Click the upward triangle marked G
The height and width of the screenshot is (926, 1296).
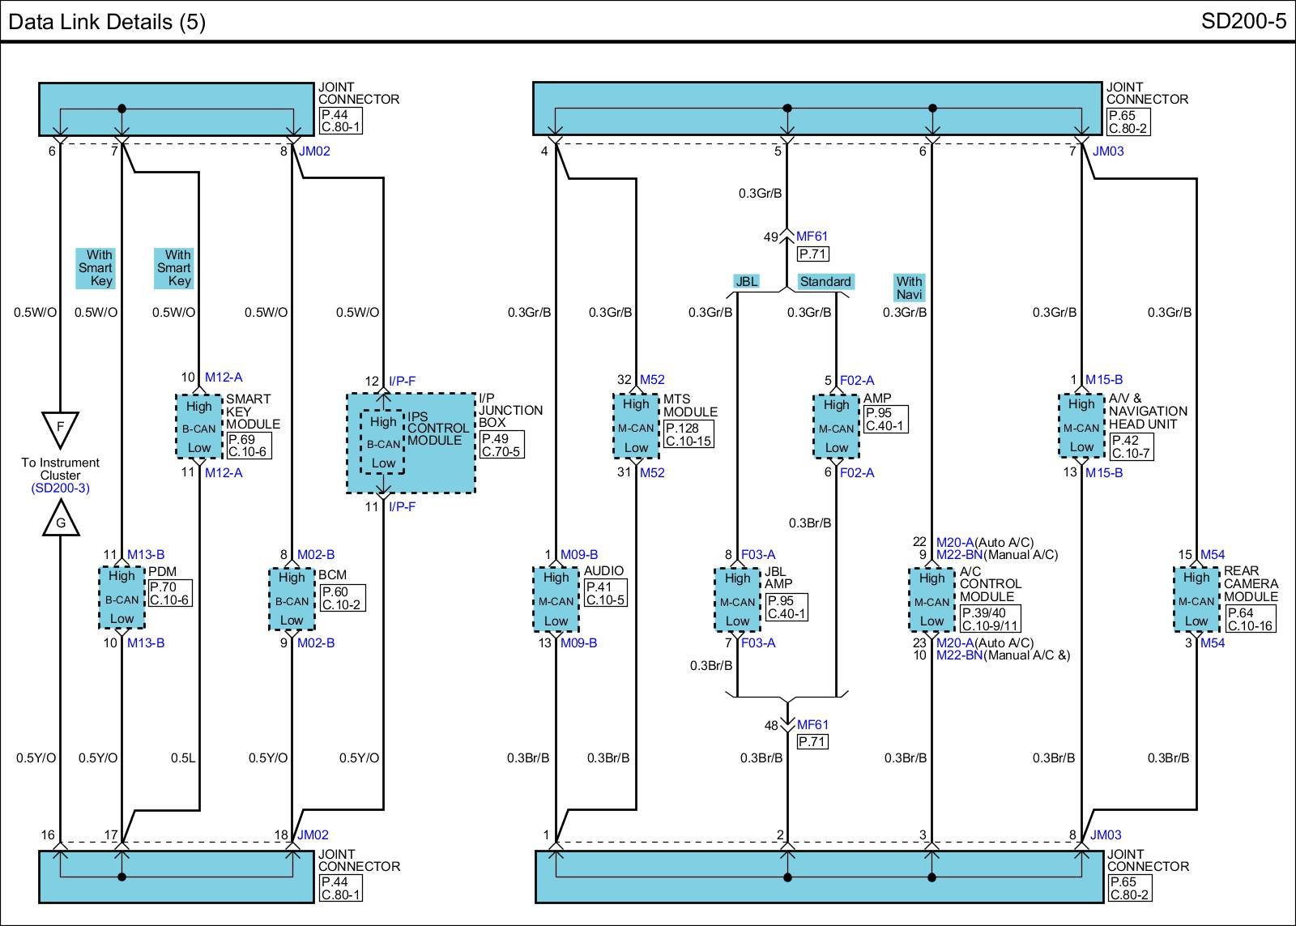point(61,519)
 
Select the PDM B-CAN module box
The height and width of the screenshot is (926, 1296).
point(122,597)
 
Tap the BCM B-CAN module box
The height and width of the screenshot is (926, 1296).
point(292,599)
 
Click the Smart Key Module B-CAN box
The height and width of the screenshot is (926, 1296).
point(199,426)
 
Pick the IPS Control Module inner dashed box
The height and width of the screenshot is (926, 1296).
point(382,442)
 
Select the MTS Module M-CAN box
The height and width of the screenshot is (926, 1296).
point(636,426)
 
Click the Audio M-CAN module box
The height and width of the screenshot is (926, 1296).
point(556,599)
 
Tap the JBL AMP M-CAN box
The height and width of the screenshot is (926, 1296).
point(737,600)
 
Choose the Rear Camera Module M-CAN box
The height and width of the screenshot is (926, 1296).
point(1196,599)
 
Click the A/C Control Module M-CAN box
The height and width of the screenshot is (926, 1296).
point(932,600)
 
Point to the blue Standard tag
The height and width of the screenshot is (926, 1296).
point(825,281)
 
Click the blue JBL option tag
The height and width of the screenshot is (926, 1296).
point(746,281)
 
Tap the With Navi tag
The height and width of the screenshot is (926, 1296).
point(909,288)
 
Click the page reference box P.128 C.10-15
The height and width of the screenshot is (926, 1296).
point(688,434)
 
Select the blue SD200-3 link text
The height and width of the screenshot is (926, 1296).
point(60,488)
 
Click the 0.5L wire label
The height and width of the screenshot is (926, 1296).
point(183,757)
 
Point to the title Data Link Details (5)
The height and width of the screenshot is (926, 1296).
point(107,22)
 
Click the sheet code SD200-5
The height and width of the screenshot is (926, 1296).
point(1243,21)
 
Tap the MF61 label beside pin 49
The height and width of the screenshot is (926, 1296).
point(812,236)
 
